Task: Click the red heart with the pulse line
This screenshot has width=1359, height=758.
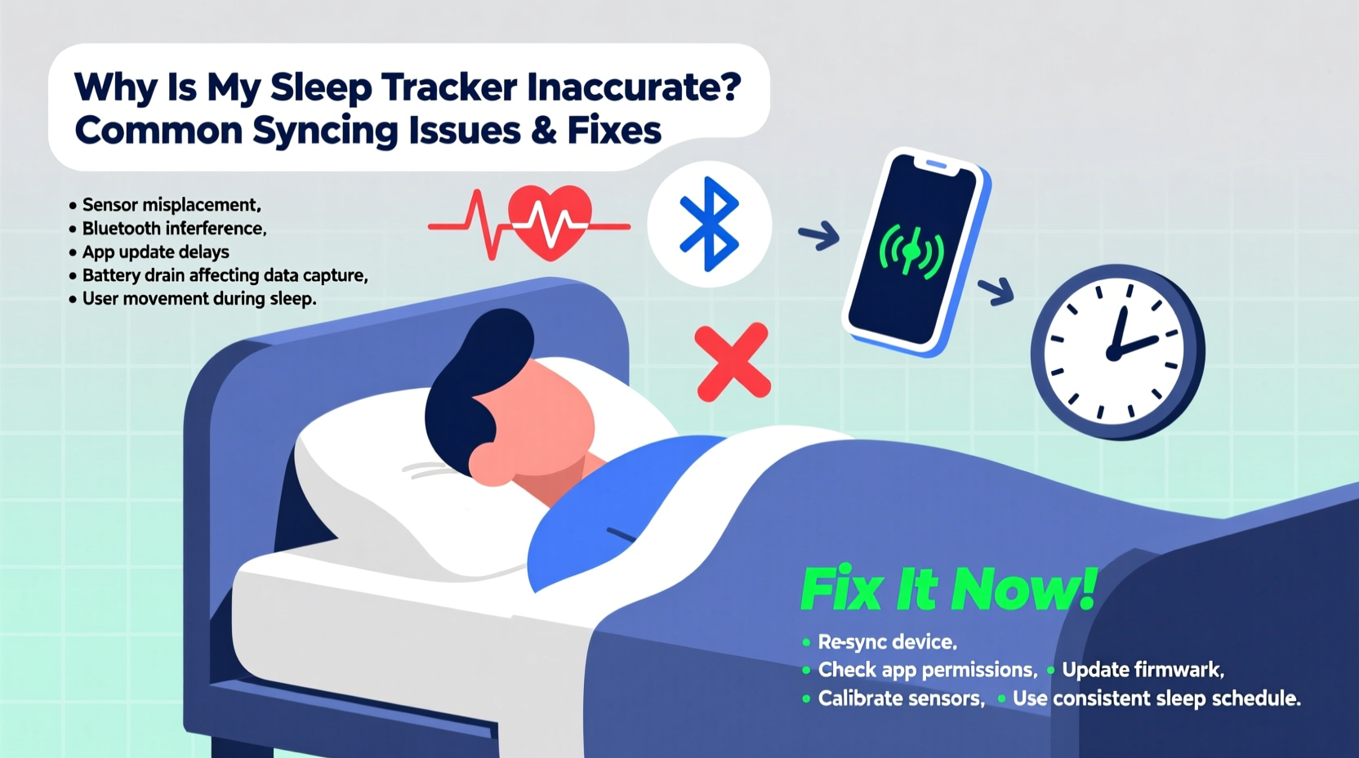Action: (x=549, y=221)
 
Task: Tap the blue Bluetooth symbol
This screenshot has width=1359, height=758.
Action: (x=709, y=224)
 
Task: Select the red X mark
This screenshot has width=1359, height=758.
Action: (x=732, y=362)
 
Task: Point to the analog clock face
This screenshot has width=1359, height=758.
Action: (x=1116, y=352)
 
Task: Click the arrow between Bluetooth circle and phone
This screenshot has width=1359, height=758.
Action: (x=819, y=236)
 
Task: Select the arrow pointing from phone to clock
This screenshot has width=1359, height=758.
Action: (x=996, y=290)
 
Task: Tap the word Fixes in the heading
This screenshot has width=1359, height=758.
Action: (x=614, y=130)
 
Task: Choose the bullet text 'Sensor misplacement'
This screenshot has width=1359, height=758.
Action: (x=171, y=205)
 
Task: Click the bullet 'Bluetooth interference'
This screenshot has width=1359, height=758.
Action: (x=174, y=229)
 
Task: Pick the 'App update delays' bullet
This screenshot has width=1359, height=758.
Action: (x=155, y=252)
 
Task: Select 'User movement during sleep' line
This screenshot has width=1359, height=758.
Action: (x=198, y=299)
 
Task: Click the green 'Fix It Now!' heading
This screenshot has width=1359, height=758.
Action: (x=948, y=589)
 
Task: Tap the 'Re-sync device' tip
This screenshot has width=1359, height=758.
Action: (x=887, y=642)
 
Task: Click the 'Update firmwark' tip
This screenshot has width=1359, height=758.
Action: (x=1142, y=670)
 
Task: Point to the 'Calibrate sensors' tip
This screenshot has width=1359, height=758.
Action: (x=901, y=698)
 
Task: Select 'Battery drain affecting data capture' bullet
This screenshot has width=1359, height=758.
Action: (x=225, y=275)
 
